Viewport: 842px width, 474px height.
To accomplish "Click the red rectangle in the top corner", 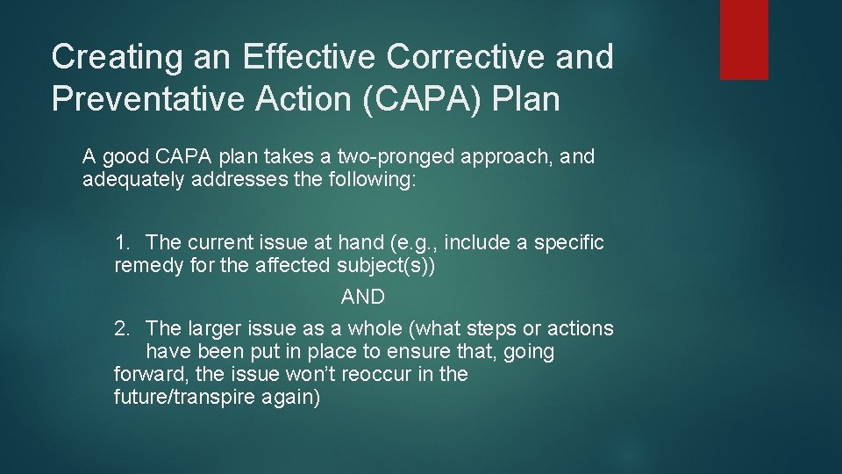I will tap(744, 39).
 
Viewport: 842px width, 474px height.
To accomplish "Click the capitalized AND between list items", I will tap(362, 298).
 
